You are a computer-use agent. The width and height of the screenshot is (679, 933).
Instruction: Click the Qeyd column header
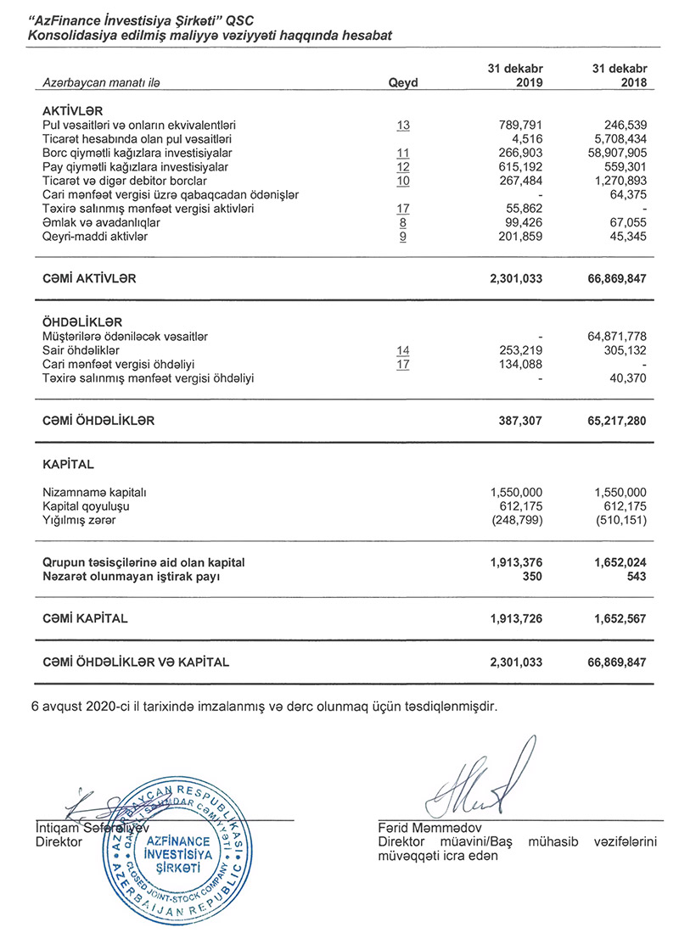tap(403, 83)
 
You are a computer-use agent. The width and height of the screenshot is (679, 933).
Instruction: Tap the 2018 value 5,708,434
tap(617, 138)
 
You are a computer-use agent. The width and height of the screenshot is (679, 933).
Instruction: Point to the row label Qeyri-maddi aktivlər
tap(95, 237)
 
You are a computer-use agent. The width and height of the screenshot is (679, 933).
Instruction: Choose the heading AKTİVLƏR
tap(73, 111)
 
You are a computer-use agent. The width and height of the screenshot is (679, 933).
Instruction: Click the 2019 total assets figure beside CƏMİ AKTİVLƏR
tap(516, 278)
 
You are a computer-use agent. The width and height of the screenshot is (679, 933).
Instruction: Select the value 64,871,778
tap(617, 337)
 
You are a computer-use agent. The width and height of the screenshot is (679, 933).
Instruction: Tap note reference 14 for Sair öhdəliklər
tap(403, 350)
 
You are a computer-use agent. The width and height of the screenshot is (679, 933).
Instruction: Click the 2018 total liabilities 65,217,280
tap(614, 420)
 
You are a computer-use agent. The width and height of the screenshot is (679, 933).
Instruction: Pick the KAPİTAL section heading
tap(68, 465)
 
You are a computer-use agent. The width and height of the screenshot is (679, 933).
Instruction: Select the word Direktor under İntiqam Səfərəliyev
tap(59, 842)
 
